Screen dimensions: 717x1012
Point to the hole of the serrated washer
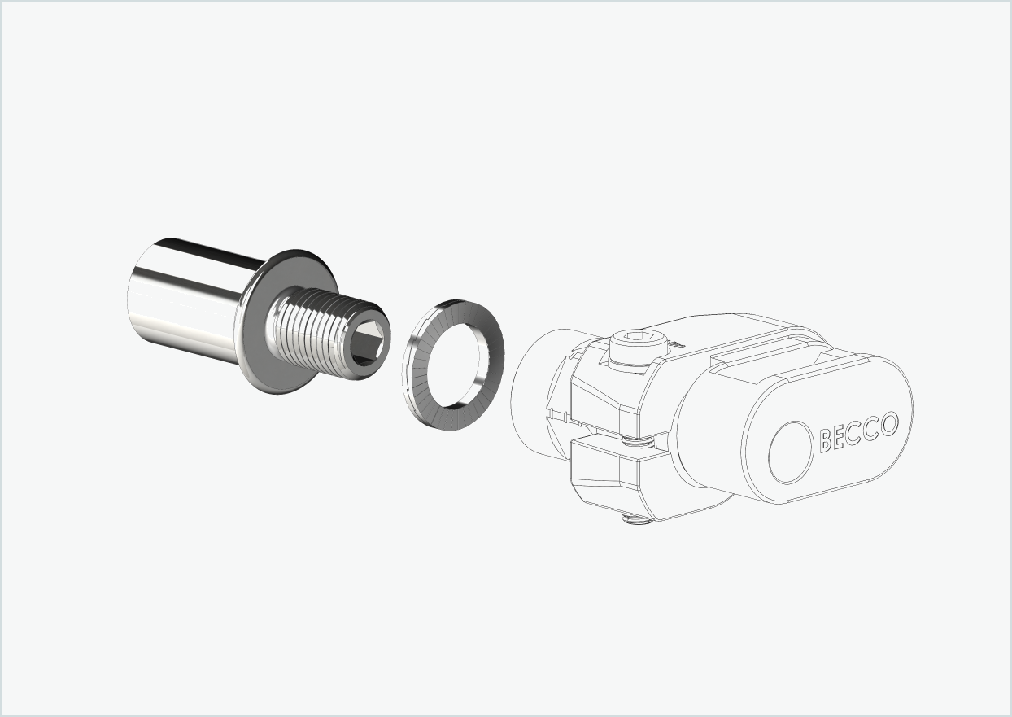coord(453,355)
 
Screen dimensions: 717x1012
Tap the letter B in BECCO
coord(827,440)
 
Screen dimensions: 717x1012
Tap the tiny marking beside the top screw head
coord(674,346)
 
